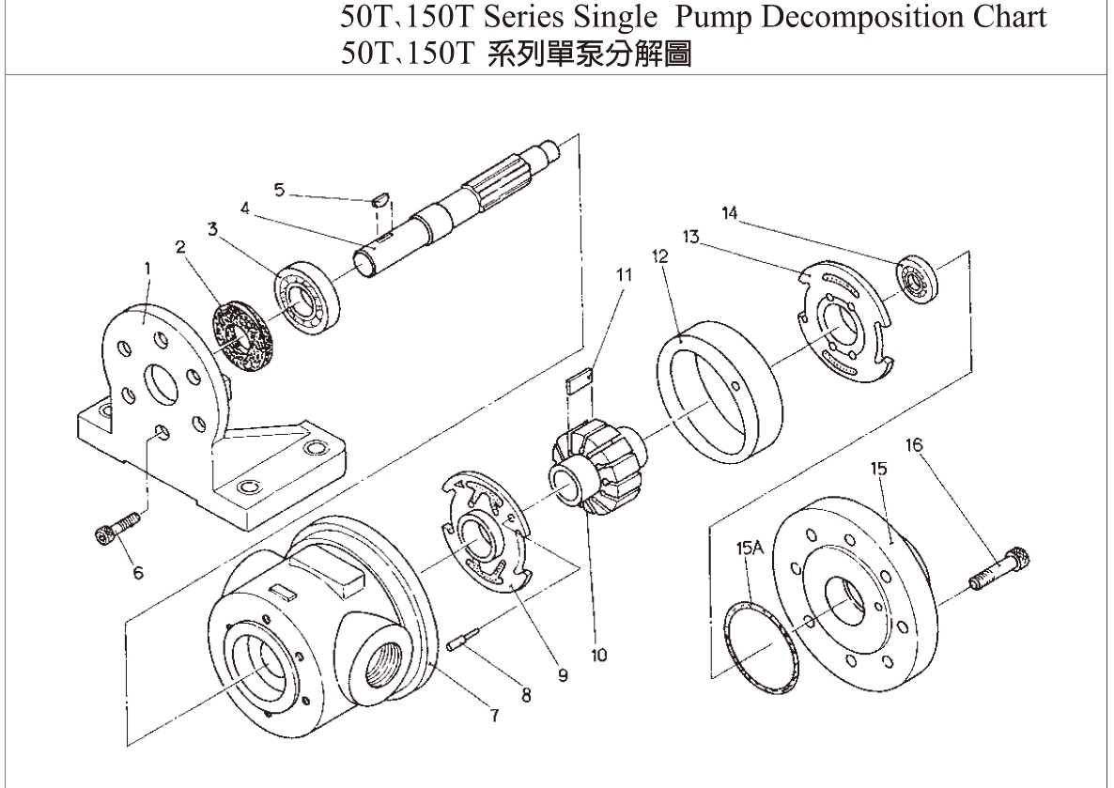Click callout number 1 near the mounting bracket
pyautogui.click(x=147, y=269)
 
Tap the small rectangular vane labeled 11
pyautogui.click(x=579, y=379)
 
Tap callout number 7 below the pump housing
pyautogui.click(x=493, y=715)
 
